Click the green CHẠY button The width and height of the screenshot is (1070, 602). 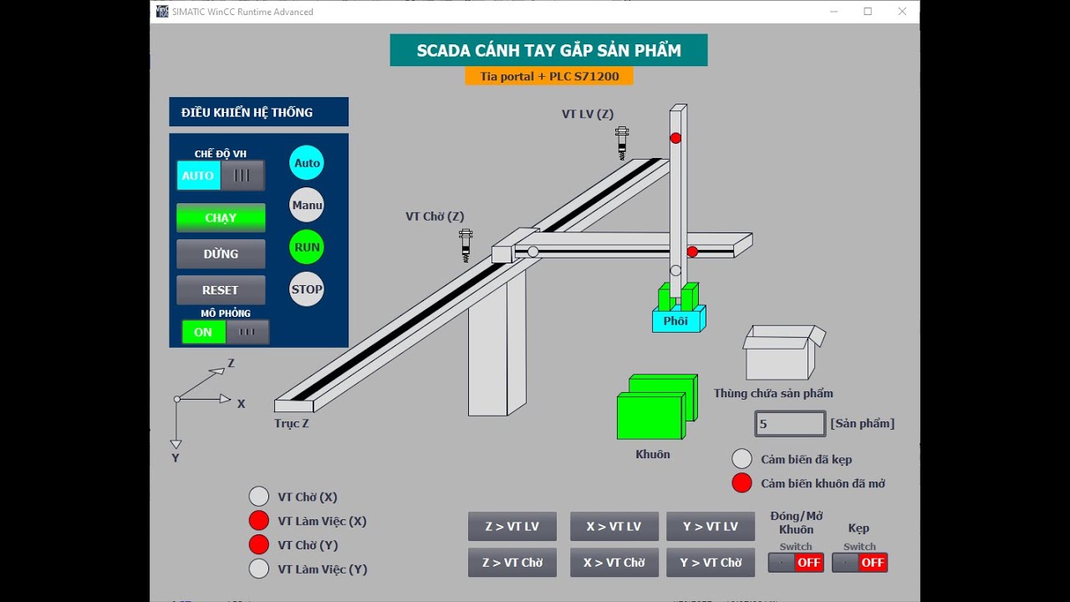pos(221,217)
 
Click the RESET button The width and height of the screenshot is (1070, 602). pos(221,290)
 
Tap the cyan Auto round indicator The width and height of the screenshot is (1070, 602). pos(307,163)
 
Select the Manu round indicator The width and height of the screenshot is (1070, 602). pos(307,205)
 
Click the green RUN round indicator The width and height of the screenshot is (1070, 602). pos(307,247)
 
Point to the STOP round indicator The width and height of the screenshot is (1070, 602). pos(307,289)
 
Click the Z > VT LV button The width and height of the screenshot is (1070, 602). pos(512,527)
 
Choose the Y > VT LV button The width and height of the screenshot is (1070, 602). pos(711,527)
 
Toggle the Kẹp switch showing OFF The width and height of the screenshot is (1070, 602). pos(860,563)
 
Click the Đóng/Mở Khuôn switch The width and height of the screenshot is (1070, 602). pos(796,563)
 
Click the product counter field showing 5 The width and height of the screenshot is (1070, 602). pos(790,424)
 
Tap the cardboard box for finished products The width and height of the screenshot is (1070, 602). pos(782,353)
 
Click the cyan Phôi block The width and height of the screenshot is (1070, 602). pos(677,320)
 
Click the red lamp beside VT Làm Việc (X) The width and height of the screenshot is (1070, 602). pos(259,521)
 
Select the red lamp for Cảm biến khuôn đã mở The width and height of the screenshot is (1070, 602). pos(741,482)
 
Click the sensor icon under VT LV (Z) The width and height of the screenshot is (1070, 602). pos(622,143)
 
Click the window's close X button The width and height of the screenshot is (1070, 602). pos(902,12)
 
